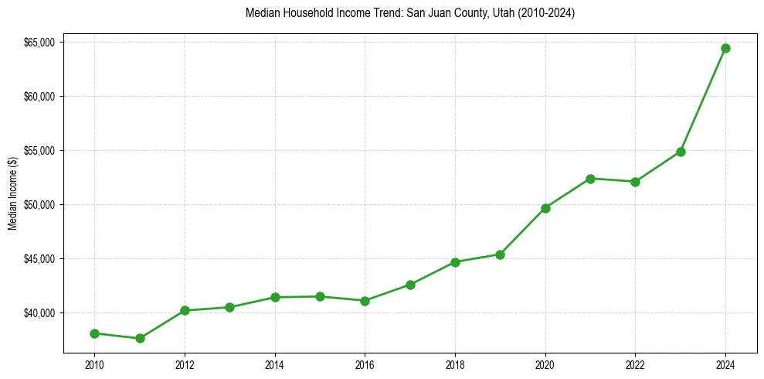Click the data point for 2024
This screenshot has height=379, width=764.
point(725,48)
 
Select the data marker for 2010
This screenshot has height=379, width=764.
point(94,333)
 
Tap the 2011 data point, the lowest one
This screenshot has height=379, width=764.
point(140,338)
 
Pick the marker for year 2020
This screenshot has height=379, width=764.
point(545,208)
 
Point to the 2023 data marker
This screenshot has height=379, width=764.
point(681,152)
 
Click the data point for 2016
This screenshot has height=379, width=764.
point(365,301)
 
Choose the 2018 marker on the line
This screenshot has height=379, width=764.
point(455,262)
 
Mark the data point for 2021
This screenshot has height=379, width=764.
point(590,179)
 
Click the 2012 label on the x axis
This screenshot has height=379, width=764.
point(184,364)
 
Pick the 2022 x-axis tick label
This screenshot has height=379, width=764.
point(635,364)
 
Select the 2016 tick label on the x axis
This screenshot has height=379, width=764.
point(365,364)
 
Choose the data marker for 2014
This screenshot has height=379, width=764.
point(274,297)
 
